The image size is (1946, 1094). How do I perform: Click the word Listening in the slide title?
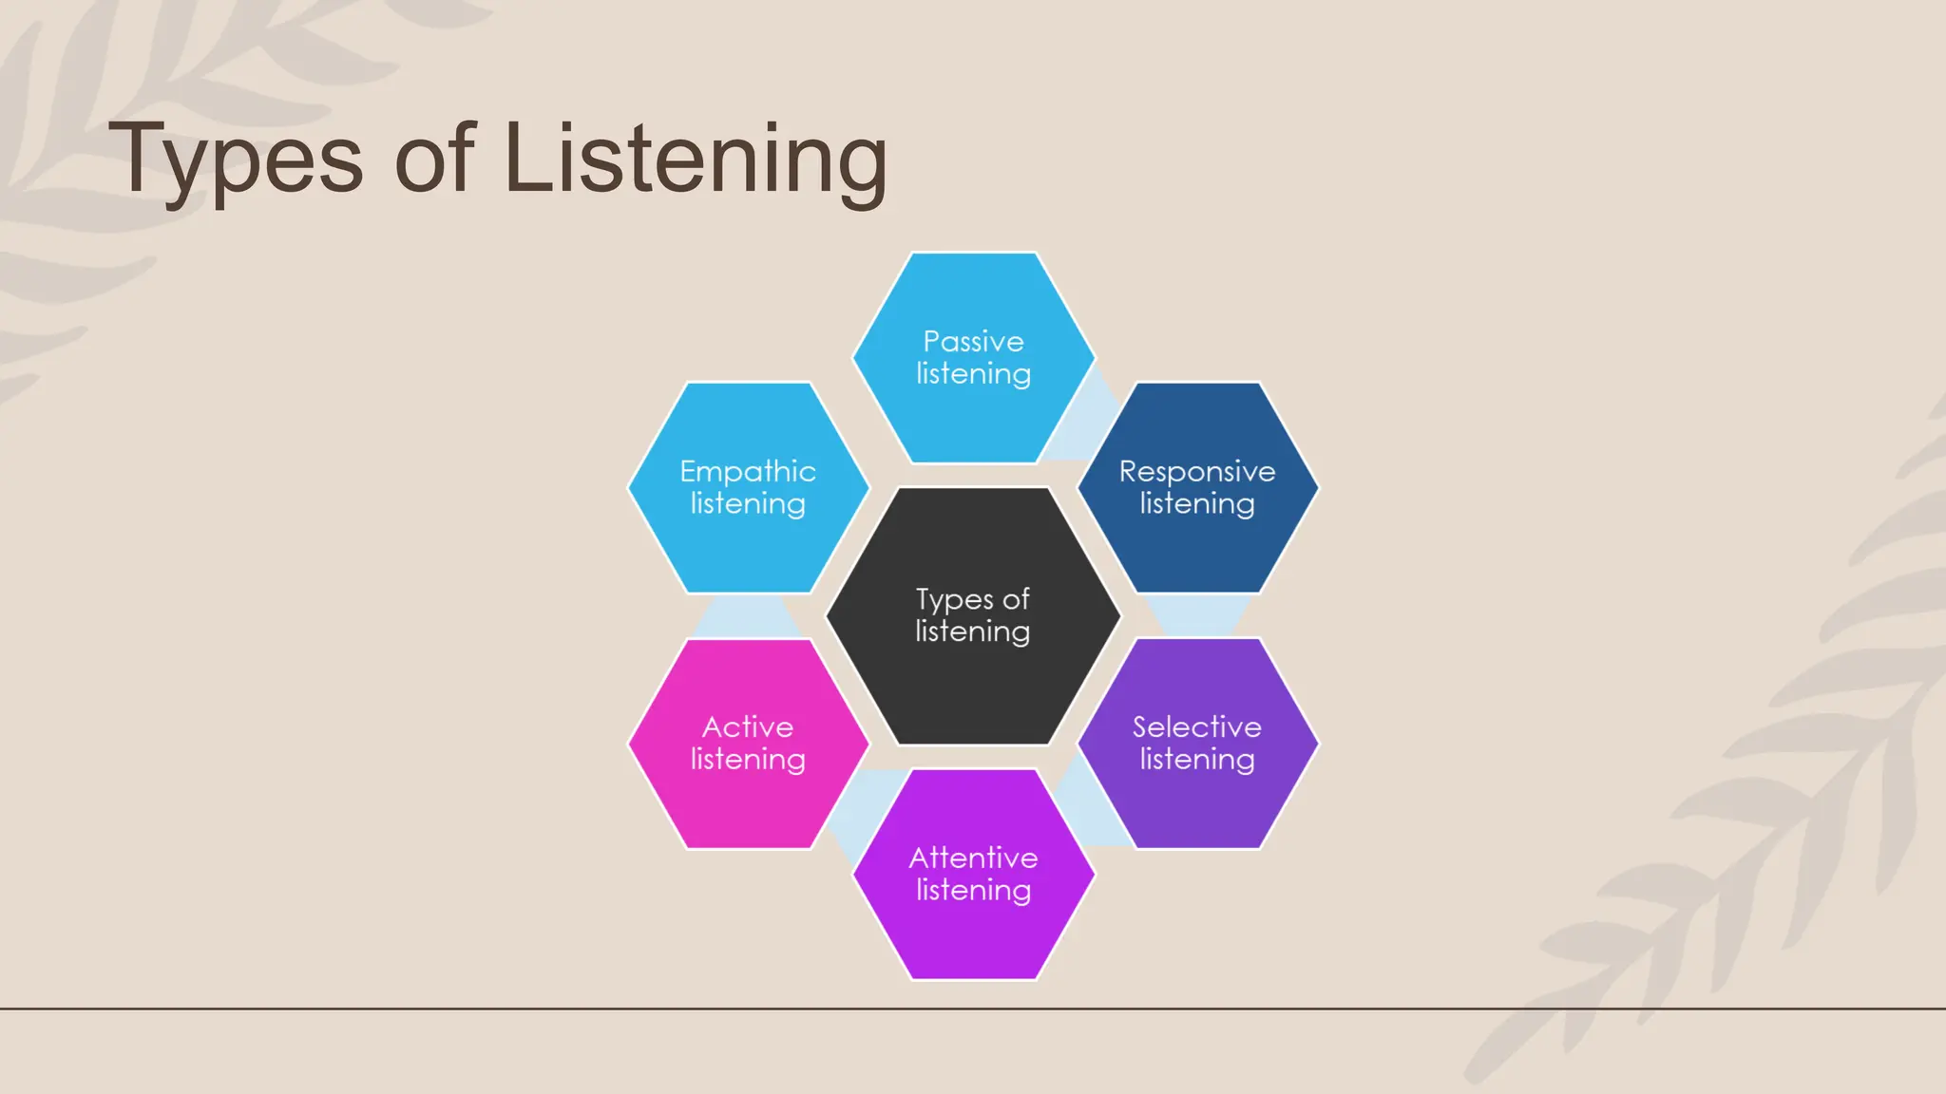[695, 160]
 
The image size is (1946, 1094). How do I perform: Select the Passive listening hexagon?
[973, 418]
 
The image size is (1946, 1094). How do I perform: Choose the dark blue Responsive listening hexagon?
[1197, 551]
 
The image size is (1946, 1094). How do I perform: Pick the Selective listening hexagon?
[1197, 807]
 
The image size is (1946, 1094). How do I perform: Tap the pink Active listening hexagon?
[748, 807]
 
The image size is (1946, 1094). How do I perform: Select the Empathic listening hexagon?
[748, 551]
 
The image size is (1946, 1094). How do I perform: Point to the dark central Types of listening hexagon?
[973, 684]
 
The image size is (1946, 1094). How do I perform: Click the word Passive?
[973, 341]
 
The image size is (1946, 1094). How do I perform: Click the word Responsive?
[1197, 471]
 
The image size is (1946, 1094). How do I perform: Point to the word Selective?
[1197, 726]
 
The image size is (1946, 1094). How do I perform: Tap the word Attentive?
[973, 858]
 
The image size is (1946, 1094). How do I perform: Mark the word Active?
[748, 726]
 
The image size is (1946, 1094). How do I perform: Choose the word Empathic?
[748, 471]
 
